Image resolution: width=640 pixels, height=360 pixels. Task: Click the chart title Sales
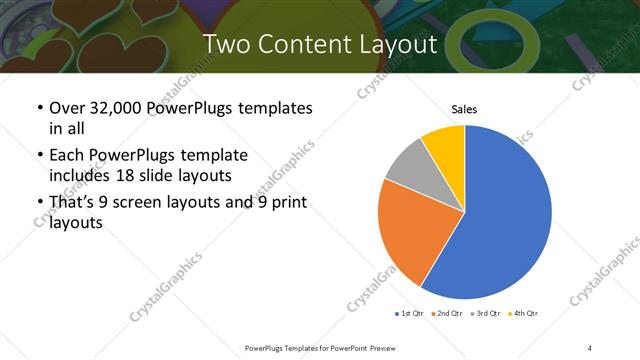(464, 108)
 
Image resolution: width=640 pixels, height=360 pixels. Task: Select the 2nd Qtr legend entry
(446, 314)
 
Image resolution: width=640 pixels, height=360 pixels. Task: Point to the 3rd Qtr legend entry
(485, 314)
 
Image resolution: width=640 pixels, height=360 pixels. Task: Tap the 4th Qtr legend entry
(523, 314)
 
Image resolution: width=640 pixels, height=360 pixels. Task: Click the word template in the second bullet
(214, 156)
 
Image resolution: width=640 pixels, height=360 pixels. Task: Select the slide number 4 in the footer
(590, 347)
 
